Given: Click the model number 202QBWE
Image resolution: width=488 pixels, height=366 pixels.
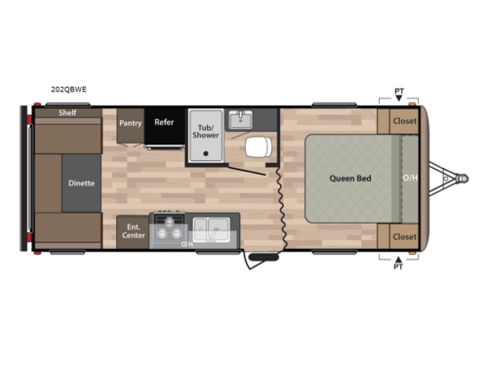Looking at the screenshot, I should [x=68, y=89].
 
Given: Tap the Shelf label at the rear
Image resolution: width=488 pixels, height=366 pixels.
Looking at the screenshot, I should [x=66, y=113].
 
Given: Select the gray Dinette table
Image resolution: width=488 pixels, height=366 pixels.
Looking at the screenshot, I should [x=81, y=183].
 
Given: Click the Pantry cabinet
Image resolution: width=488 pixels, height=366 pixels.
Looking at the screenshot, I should [x=131, y=124].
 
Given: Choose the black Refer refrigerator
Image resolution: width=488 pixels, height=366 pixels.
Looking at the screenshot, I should [x=163, y=123].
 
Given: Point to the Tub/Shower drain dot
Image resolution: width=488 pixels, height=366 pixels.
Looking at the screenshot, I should [x=205, y=145].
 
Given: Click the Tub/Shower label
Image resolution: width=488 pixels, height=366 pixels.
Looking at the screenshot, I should [x=206, y=130].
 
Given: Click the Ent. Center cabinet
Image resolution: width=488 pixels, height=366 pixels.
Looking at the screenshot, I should [x=132, y=231].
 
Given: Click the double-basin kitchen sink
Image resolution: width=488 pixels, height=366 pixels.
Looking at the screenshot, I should [x=210, y=230].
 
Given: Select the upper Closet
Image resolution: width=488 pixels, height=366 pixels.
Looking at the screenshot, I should [x=404, y=122].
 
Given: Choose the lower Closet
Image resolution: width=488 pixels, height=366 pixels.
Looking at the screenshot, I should [x=404, y=237].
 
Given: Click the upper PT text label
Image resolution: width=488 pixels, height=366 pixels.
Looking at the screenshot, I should [x=398, y=91].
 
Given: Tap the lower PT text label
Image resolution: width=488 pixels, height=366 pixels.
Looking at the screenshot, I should [x=398, y=265].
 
